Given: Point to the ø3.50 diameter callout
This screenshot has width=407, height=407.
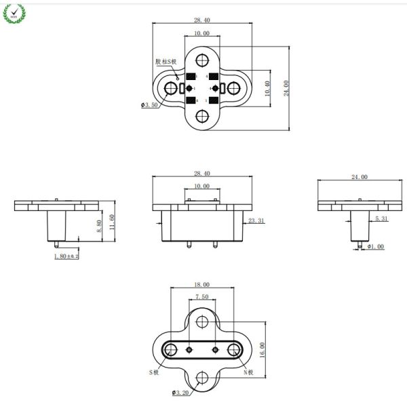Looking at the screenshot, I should click(x=149, y=105).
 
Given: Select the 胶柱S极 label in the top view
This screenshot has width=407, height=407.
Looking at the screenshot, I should click(x=166, y=62).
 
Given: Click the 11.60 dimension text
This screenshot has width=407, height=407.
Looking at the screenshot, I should click(x=113, y=221).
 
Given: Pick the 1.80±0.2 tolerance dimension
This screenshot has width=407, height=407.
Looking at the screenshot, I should click(x=66, y=256).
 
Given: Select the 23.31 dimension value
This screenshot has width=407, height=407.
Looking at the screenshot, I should click(x=256, y=221).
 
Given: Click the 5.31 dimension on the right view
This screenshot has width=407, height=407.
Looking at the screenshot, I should click(x=381, y=218).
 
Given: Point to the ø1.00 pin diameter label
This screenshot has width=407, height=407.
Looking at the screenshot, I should click(x=374, y=246).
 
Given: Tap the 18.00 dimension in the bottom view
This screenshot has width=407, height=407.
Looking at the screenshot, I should click(x=201, y=285).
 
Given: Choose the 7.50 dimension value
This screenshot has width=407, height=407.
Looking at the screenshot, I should click(x=201, y=297).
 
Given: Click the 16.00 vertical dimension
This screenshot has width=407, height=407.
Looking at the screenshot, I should click(x=263, y=349).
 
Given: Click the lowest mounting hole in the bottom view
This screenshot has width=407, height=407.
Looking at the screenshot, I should click(x=202, y=379).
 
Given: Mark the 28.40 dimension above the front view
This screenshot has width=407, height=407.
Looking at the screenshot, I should click(x=201, y=174).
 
